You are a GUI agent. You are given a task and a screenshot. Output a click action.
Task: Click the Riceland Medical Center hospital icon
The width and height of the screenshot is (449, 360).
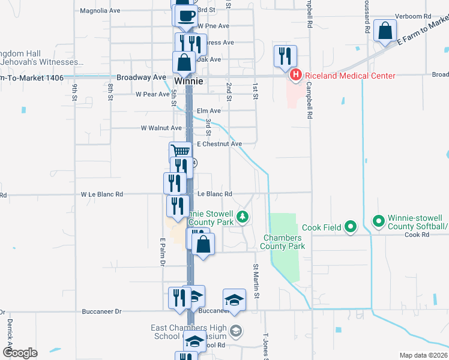tap(295, 76)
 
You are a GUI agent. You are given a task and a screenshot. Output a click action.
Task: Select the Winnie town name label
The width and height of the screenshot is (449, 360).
tap(188, 80)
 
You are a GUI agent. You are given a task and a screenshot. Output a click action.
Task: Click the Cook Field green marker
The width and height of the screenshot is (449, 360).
tap(351, 227)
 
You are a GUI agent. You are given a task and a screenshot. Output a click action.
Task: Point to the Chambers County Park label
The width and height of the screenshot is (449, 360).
tap(284, 242)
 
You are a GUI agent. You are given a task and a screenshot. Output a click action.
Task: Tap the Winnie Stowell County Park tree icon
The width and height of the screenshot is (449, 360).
tap(243, 217)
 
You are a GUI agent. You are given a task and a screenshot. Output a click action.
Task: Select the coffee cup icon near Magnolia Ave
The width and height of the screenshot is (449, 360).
tap(186, 15)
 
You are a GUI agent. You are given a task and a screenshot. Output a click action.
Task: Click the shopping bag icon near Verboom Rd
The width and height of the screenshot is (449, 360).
tap(384, 31)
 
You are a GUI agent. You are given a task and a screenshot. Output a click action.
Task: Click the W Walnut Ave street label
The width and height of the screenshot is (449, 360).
tap(161, 128)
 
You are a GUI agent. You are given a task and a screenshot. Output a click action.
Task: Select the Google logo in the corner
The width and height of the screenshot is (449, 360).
tap(20, 352)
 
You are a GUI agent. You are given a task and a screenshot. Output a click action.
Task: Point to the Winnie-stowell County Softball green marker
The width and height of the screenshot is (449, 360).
tap(379, 221)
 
